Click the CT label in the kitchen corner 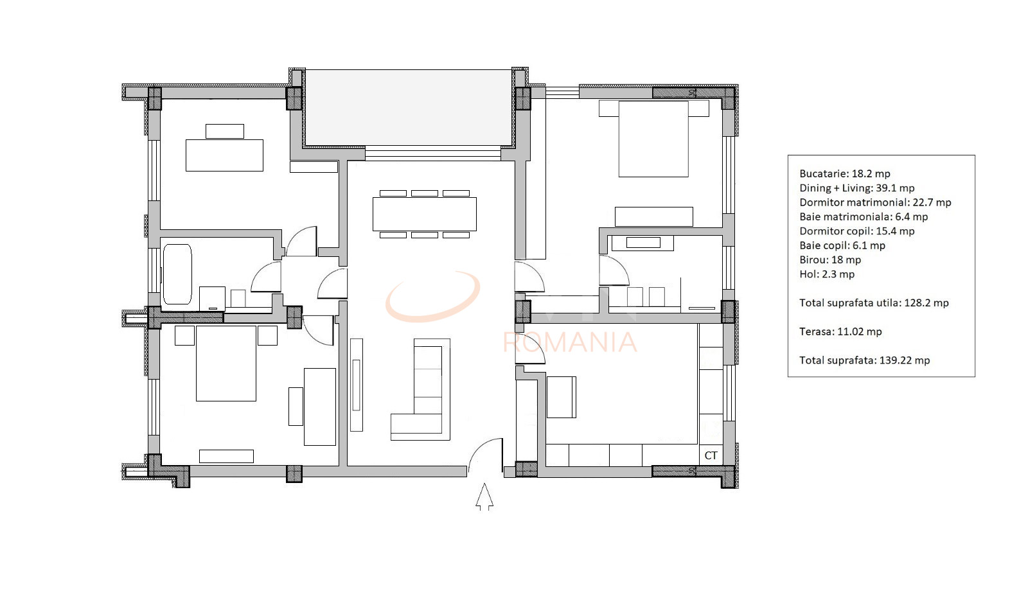click(x=711, y=455)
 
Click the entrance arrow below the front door click(x=484, y=498)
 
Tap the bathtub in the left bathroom click(x=177, y=274)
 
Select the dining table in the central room click(x=425, y=214)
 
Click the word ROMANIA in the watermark click(x=570, y=342)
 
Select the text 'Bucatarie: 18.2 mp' click(x=844, y=173)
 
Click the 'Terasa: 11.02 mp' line click(x=840, y=331)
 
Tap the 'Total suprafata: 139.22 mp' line click(x=864, y=360)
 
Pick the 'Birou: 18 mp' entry click(x=829, y=259)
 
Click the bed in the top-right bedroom click(x=653, y=139)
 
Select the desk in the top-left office click(x=224, y=155)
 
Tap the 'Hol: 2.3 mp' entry click(x=826, y=274)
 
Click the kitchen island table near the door click(x=561, y=397)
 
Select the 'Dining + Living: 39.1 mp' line click(x=856, y=188)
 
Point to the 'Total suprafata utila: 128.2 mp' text click(x=874, y=303)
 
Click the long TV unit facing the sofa click(x=357, y=385)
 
